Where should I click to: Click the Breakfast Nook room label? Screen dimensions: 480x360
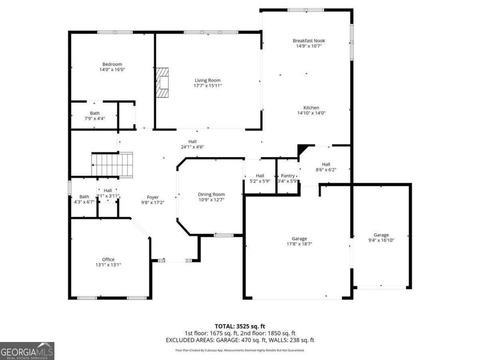click(x=308, y=41)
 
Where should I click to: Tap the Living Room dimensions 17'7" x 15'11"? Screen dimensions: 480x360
click(x=208, y=86)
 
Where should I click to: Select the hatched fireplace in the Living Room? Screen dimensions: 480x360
click(x=162, y=82)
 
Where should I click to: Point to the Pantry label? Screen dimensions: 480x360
click(x=288, y=176)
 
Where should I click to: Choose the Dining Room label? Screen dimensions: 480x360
click(x=211, y=194)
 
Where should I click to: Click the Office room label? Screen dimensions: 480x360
click(x=108, y=260)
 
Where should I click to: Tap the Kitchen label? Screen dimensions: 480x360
click(x=311, y=108)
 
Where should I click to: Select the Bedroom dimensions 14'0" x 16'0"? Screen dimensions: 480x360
click(x=112, y=70)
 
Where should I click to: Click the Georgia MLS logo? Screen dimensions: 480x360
click(x=27, y=351)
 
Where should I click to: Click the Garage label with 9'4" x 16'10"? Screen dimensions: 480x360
click(x=381, y=235)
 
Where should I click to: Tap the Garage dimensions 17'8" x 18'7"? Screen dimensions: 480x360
click(x=299, y=244)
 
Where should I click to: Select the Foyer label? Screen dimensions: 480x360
click(x=153, y=197)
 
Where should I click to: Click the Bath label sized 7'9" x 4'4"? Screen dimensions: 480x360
click(x=95, y=113)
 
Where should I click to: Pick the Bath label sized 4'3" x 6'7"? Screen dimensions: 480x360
click(x=84, y=197)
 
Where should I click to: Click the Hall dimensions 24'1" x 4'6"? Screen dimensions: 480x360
click(x=192, y=147)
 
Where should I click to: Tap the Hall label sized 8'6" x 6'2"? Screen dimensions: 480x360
click(x=326, y=164)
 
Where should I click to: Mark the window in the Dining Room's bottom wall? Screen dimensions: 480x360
click(x=224, y=236)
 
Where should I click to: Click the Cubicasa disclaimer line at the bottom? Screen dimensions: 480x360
click(x=240, y=350)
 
